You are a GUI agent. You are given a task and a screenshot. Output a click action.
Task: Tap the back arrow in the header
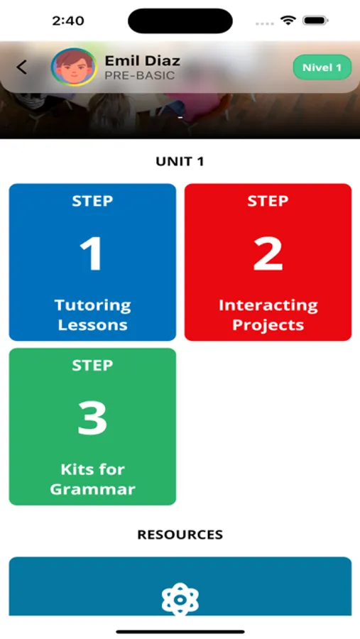pos(21,67)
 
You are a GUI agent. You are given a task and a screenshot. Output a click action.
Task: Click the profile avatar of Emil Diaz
pos(74,67)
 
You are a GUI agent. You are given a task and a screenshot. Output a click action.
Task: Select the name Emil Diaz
pos(142,61)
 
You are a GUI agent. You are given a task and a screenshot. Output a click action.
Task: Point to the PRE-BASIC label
pos(139,76)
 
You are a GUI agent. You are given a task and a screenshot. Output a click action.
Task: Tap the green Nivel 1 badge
pos(322,67)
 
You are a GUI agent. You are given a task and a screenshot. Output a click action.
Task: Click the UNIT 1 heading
pos(180,162)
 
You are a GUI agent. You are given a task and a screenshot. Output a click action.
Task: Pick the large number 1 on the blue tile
pos(92,254)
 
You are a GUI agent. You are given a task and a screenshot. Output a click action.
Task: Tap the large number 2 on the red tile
pos(268,254)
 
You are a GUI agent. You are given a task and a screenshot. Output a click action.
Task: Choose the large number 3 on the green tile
pos(92,418)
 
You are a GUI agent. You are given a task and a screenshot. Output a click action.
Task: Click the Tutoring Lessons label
pos(92,315)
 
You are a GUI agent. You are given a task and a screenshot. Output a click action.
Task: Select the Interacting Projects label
pos(268,315)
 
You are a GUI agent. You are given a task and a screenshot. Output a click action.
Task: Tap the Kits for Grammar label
pos(92,479)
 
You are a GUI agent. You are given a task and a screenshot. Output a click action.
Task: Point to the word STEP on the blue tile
pos(92,201)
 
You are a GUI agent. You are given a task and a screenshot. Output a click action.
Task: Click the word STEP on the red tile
pos(268,201)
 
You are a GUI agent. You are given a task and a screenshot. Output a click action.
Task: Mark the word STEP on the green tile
pos(92,366)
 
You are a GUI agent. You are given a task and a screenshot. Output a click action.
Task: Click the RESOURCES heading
pos(180,535)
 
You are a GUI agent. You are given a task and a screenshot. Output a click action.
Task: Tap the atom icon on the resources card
pos(180,599)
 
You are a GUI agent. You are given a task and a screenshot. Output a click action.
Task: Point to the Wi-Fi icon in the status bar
pos(288,21)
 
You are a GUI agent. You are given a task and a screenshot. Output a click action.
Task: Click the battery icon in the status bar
pos(315,21)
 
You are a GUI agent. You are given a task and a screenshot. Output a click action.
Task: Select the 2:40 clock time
pos(68,21)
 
